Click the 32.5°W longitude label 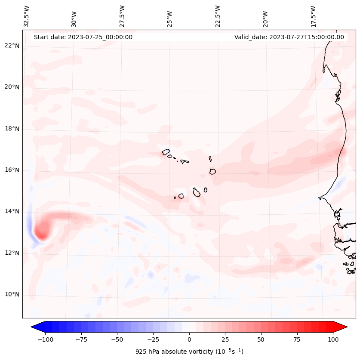click(x=27, y=16)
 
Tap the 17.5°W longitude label click(x=313, y=16)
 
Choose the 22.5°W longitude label click(x=217, y=16)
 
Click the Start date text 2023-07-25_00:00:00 click(x=83, y=37)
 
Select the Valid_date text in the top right click(x=289, y=37)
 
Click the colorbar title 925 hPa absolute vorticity click(x=189, y=352)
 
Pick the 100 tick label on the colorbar click(x=333, y=339)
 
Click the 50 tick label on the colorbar click(x=261, y=339)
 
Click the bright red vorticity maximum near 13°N click(x=41, y=233)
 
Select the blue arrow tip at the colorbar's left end click(x=33, y=327)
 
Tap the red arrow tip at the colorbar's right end click(x=345, y=327)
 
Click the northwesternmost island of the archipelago click(x=166, y=151)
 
